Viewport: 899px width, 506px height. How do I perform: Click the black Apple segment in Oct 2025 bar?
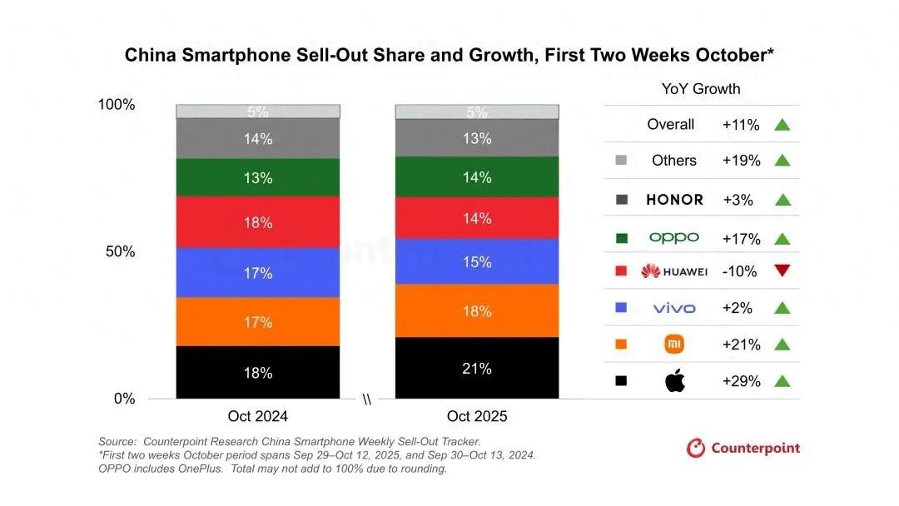[x=477, y=368]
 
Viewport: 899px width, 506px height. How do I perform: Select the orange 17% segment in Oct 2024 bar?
[x=258, y=321]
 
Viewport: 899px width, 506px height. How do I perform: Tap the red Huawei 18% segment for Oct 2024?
[x=258, y=222]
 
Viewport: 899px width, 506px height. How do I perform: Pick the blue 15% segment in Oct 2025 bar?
[x=477, y=261]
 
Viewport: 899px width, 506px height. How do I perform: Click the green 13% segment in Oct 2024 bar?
[x=258, y=176]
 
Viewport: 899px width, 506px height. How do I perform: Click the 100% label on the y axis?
[x=117, y=105]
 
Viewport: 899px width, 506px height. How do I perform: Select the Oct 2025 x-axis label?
[x=477, y=416]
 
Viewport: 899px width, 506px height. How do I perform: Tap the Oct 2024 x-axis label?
[x=258, y=416]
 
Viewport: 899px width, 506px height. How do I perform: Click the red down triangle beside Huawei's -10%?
[x=781, y=271]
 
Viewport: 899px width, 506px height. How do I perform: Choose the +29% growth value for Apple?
[x=741, y=381]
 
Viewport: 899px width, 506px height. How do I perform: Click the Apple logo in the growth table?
[x=674, y=381]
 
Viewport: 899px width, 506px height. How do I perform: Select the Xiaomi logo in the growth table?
[x=674, y=345]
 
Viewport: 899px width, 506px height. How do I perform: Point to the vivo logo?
[x=674, y=308]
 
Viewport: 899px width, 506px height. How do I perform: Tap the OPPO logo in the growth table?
[x=674, y=238]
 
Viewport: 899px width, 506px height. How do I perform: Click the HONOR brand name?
[x=674, y=200]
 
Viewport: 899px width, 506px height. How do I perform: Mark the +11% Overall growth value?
[x=741, y=125]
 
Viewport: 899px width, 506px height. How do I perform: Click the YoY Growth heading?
[x=701, y=89]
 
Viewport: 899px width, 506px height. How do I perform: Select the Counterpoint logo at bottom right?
[x=743, y=449]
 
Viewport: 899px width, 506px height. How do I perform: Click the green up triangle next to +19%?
[x=781, y=161]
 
